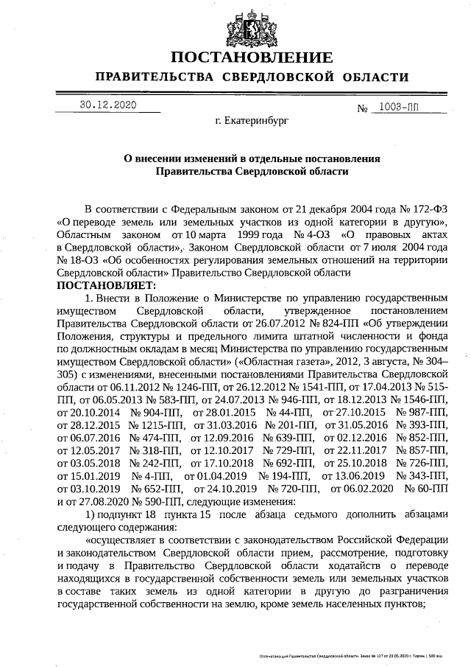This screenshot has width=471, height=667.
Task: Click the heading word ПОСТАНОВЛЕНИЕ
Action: [x=252, y=58]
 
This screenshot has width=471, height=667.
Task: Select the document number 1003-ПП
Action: [x=397, y=108]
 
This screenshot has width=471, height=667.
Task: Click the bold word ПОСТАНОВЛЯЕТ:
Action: [x=106, y=285]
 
